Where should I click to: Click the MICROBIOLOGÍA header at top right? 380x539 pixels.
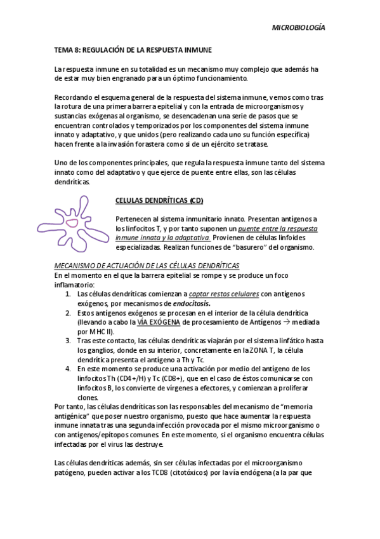[x=298, y=27]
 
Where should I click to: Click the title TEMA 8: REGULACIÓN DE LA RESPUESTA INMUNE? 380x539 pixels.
[x=133, y=48]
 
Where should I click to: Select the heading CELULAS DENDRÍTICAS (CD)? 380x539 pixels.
[x=159, y=200]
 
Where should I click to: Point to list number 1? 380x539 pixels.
[x=68, y=294]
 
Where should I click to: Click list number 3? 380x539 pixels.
[x=68, y=341]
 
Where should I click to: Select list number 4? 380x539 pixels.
[x=68, y=369]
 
